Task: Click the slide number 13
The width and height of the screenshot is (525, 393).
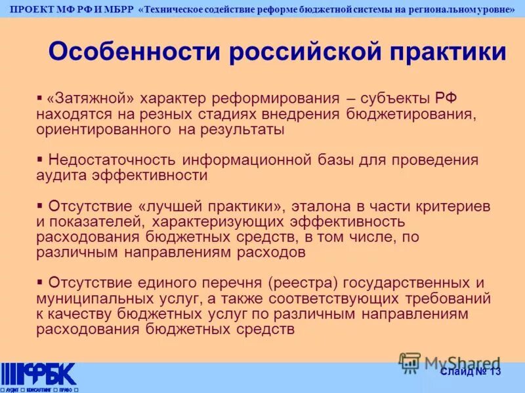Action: pyautogui.click(x=494, y=372)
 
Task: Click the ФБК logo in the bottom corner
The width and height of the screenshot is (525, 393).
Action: pyautogui.click(x=39, y=375)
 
